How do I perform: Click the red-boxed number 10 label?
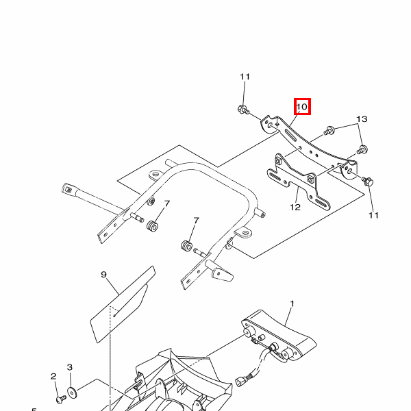(302, 107)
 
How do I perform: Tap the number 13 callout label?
(362, 119)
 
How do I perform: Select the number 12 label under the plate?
(295, 207)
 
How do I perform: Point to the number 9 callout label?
(103, 275)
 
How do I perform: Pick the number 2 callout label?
(53, 376)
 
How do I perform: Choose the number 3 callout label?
(70, 368)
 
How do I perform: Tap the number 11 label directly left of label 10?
(245, 77)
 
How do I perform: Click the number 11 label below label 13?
(373, 215)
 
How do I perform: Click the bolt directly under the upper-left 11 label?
(245, 110)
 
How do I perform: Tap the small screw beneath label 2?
(60, 396)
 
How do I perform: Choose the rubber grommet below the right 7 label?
(185, 245)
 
